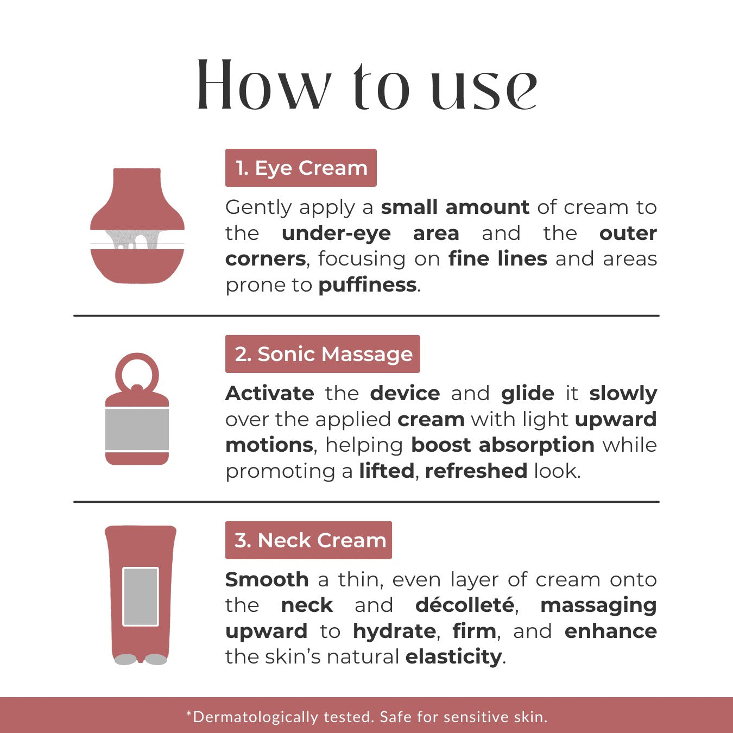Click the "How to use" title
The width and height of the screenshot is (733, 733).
[x=366, y=85]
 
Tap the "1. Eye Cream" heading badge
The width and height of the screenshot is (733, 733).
[x=301, y=168]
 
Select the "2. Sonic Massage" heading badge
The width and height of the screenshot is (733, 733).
[x=323, y=354]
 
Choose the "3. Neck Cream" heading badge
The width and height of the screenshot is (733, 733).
[x=308, y=540]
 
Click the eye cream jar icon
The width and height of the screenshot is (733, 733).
[x=137, y=225]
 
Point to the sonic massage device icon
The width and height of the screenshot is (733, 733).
[x=137, y=409]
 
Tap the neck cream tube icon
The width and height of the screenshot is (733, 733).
[x=141, y=595]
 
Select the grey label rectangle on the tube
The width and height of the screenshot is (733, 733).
[x=141, y=596]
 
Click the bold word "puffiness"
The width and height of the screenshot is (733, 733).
[x=368, y=285]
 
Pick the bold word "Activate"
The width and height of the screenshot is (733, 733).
[x=270, y=393]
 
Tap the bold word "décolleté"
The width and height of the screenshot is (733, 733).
[x=465, y=605]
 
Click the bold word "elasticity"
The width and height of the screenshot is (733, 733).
[x=454, y=657]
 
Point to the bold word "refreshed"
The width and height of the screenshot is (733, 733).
[x=476, y=471]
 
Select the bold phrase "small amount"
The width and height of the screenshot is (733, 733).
[x=455, y=207]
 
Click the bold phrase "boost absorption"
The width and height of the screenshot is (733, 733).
[x=503, y=445]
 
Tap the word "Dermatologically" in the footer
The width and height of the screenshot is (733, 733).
[x=255, y=717]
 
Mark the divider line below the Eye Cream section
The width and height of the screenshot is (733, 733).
[x=366, y=315]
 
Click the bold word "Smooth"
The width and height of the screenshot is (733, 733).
[x=267, y=580]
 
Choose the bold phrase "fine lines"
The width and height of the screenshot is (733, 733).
[x=498, y=259]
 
